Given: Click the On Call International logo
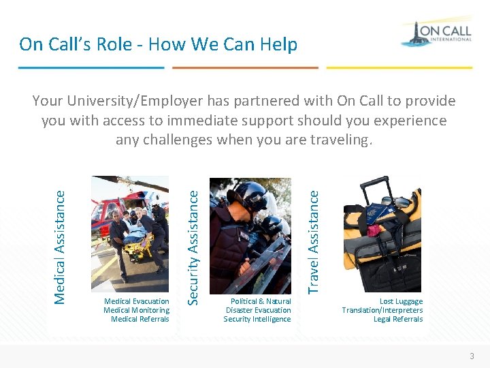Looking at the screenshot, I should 436,33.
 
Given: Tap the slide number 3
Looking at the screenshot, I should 472,356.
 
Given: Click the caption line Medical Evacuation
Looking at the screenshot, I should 137,301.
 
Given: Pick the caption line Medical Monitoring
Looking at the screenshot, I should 137,310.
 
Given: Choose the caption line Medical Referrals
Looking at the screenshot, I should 140,319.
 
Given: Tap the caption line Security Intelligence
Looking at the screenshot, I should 257,319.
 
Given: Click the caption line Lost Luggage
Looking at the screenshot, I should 401,301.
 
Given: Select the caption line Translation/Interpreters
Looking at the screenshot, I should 382,310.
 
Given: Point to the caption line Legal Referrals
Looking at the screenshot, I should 398,319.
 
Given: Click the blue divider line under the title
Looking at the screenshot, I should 91,67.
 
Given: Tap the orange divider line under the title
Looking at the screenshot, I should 245,67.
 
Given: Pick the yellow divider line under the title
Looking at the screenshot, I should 399,67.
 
